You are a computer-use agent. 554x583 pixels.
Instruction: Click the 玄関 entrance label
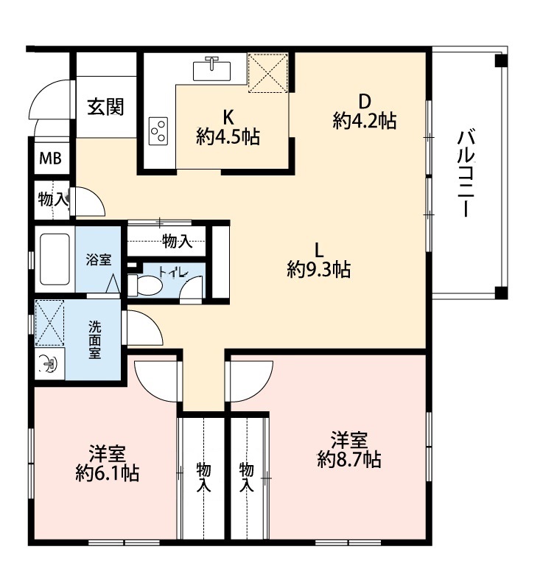tap(105, 107)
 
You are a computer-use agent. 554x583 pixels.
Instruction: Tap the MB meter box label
tap(51, 158)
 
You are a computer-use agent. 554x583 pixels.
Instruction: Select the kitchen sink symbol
tap(211, 69)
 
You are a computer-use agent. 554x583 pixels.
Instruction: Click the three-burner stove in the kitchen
tap(158, 131)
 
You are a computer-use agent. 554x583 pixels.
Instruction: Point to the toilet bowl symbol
tap(145, 285)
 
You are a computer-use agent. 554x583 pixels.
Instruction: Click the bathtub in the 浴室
tap(55, 259)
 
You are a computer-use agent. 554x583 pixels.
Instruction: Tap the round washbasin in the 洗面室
tap(49, 363)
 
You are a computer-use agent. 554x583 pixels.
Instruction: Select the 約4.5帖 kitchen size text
tap(228, 137)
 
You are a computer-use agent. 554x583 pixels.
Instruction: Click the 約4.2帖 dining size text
tap(365, 120)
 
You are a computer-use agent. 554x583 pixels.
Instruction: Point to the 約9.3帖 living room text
tap(319, 269)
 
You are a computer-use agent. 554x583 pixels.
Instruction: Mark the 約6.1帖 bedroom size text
tap(108, 473)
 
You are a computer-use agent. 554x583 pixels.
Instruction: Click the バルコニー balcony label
tap(466, 173)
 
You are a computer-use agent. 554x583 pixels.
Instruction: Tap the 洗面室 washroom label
tap(95, 340)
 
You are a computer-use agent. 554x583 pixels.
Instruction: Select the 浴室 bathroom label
tap(99, 259)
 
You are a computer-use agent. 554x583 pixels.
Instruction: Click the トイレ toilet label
tap(174, 272)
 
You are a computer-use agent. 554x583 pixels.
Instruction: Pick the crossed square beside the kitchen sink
tap(268, 72)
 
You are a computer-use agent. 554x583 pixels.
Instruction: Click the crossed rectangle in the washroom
tap(50, 323)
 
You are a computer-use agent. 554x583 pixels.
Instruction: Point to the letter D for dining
tap(365, 101)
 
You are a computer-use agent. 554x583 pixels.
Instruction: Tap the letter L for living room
tap(319, 250)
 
